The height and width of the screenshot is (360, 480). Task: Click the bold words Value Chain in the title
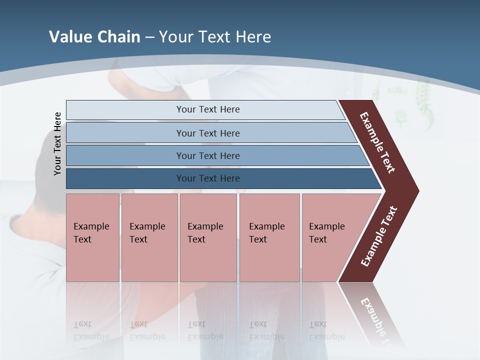coord(94,37)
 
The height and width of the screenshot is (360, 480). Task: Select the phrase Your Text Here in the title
coord(215,37)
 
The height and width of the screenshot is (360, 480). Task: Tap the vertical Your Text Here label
coord(57,143)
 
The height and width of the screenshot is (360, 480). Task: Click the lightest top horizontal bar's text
coord(208,109)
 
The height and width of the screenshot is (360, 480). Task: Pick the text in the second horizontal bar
coord(208,133)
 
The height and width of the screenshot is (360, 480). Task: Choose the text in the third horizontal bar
coord(208,156)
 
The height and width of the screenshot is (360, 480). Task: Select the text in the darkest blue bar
coord(208,178)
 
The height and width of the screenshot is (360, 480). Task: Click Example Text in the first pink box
coord(91,233)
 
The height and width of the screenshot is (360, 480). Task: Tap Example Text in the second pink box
coord(147,233)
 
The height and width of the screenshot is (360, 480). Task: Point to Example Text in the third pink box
coord(205,233)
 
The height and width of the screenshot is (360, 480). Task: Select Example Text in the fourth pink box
coord(266,233)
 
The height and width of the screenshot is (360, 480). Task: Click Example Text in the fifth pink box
coord(326,233)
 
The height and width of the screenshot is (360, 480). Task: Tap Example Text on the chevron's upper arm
coord(377,142)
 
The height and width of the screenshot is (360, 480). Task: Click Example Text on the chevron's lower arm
coord(379,236)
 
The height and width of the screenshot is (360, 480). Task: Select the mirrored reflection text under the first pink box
coord(91,330)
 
